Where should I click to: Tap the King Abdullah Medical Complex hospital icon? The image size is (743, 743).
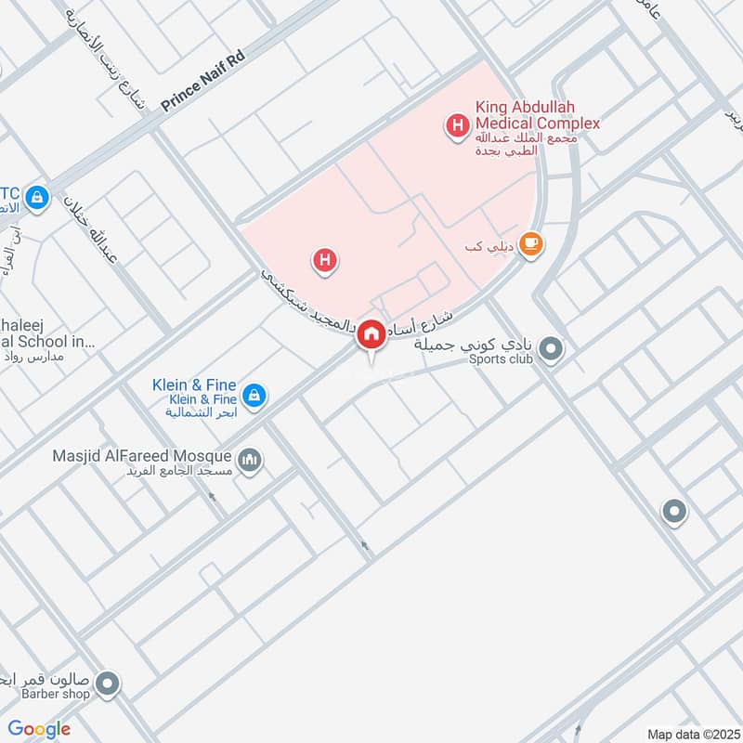[457, 124]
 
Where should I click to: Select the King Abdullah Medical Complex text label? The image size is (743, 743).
[538, 116]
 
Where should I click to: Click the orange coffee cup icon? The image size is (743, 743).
[530, 243]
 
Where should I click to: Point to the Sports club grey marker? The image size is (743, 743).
[551, 350]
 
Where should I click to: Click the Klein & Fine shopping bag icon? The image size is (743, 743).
[255, 396]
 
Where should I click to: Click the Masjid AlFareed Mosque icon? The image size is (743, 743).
[250, 459]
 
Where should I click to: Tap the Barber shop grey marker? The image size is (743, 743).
[108, 684]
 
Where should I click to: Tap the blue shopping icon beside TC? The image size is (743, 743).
[36, 197]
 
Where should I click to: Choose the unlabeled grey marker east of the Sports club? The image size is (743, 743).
[673, 511]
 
